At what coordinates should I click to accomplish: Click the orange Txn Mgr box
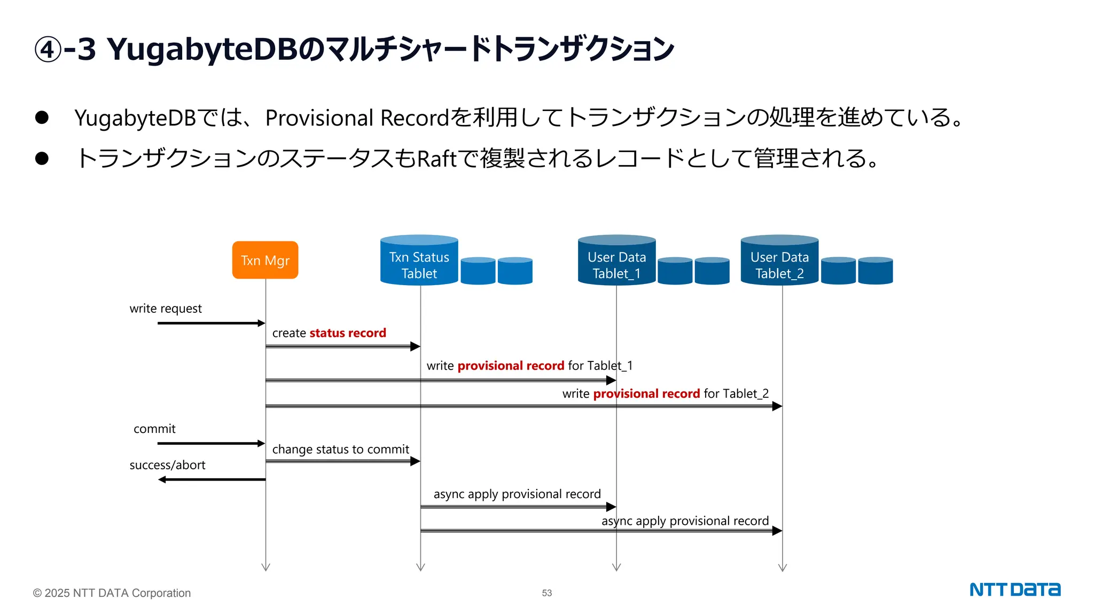tap(265, 260)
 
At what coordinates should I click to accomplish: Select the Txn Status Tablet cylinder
tap(419, 262)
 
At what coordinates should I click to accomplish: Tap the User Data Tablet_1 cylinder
tap(616, 262)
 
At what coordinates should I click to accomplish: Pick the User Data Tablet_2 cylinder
tap(779, 262)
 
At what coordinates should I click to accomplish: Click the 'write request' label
tap(166, 309)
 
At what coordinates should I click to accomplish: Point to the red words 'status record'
tap(347, 333)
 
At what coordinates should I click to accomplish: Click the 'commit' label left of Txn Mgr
tap(154, 429)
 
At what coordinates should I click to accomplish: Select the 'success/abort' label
tap(167, 465)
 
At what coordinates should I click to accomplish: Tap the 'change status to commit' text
tap(340, 450)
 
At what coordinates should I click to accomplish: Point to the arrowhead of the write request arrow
tap(261, 323)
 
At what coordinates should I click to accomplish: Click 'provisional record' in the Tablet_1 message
tap(511, 366)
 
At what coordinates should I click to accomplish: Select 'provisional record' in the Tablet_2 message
tap(646, 394)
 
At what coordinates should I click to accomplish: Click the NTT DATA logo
tap(1014, 589)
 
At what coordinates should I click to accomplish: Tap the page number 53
tap(546, 593)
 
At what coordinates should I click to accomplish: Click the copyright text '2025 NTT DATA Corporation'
tap(117, 593)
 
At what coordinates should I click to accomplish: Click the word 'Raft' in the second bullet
tap(436, 159)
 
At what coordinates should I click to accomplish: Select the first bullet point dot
tap(42, 117)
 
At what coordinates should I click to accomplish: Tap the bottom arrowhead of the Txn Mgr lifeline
tap(265, 567)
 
